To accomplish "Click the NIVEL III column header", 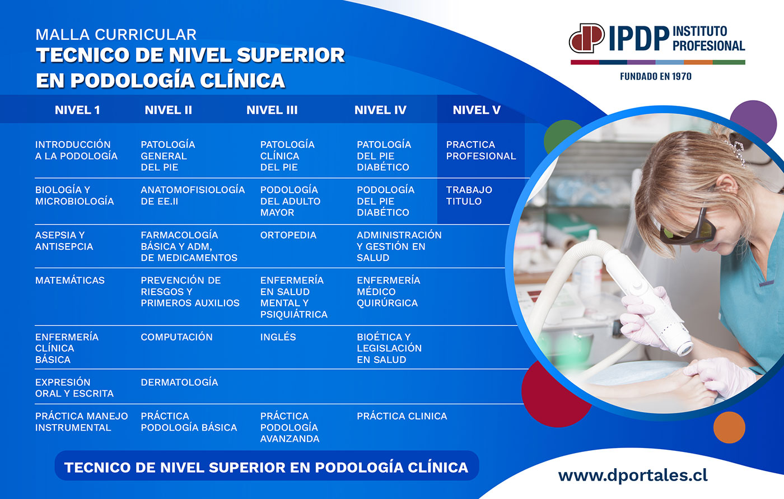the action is pyautogui.click(x=272, y=110).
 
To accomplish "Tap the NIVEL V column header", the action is pyautogui.click(x=477, y=110).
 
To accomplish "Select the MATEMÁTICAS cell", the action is pyautogui.click(x=69, y=280).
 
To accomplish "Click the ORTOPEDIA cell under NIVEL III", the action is pyautogui.click(x=288, y=235).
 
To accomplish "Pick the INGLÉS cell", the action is pyautogui.click(x=278, y=337).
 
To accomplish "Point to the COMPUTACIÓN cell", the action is pyautogui.click(x=176, y=337).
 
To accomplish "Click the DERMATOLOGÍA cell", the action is pyautogui.click(x=179, y=382).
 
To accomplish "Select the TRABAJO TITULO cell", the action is pyautogui.click(x=469, y=195).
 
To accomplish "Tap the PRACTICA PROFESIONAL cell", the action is pyautogui.click(x=481, y=150).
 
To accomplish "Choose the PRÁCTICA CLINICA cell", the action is pyautogui.click(x=402, y=416).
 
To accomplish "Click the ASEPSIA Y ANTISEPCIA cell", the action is pyautogui.click(x=64, y=241).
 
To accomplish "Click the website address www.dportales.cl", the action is pyautogui.click(x=633, y=475).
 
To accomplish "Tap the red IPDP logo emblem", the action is pyautogui.click(x=587, y=38).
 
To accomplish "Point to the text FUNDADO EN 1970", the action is pyautogui.click(x=656, y=77).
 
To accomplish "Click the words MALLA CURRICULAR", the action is pyautogui.click(x=116, y=34).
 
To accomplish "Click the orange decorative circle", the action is pyautogui.click(x=729, y=427).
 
